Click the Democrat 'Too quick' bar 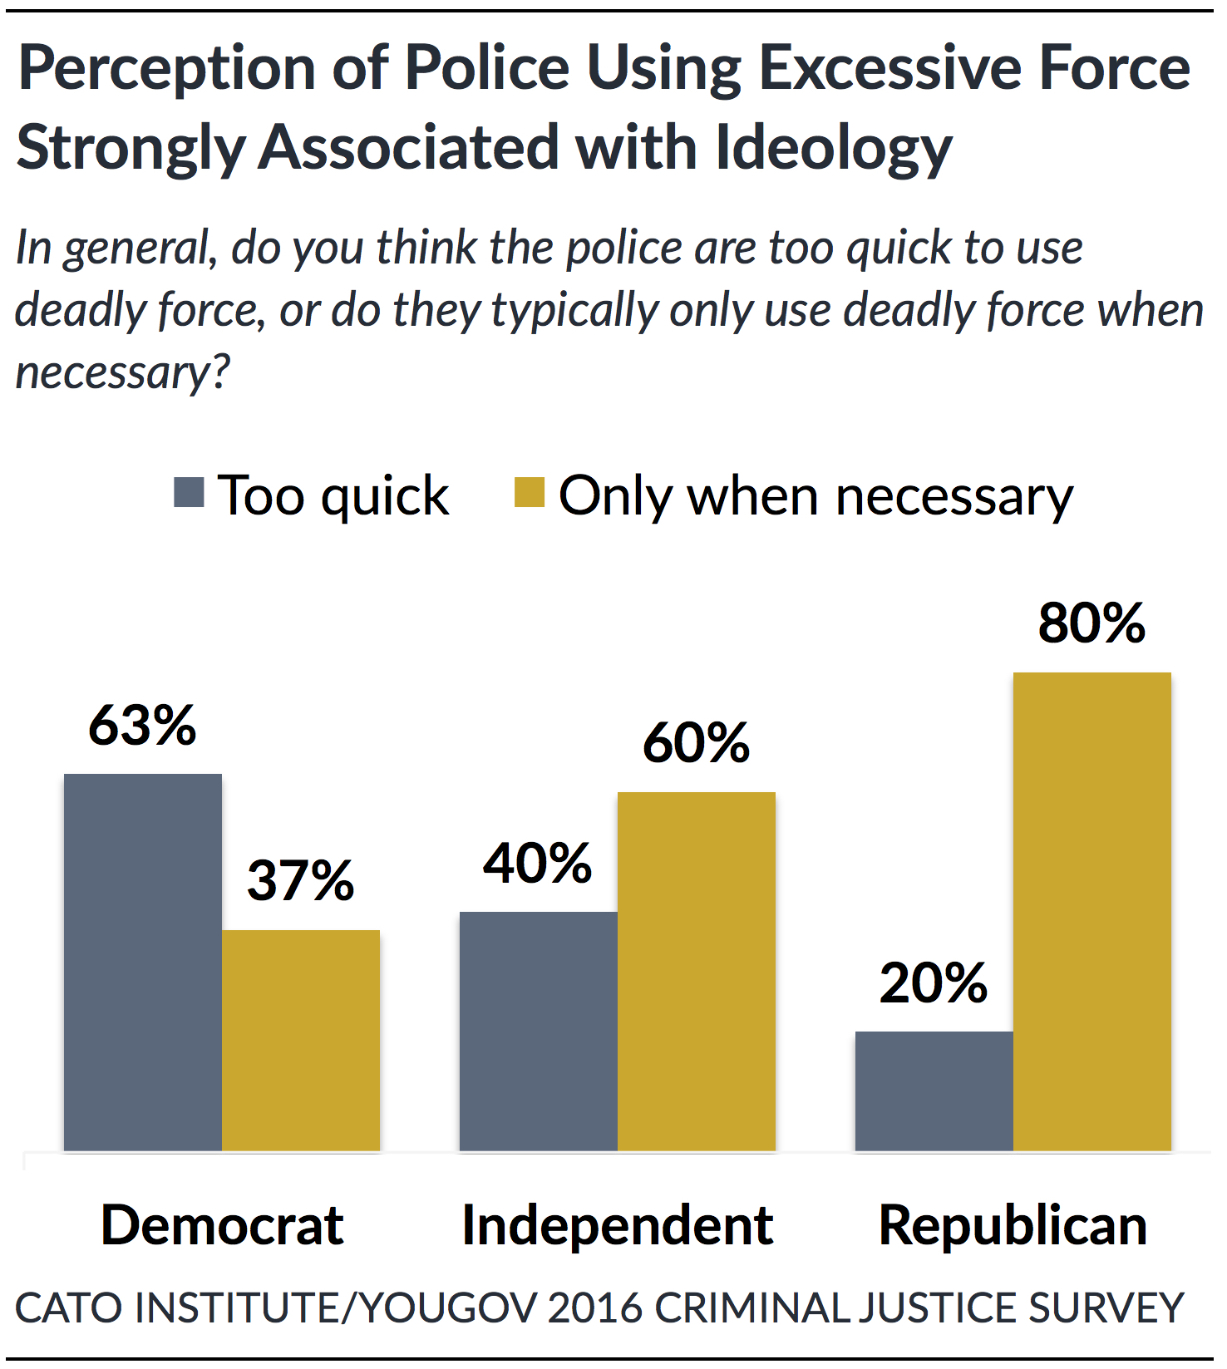click(143, 962)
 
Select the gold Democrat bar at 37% click(301, 1040)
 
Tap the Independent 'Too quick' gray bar click(538, 1031)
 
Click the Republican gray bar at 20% click(934, 1091)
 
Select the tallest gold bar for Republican click(1091, 911)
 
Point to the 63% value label click(142, 726)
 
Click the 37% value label click(300, 881)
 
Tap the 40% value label click(537, 864)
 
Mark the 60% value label click(696, 743)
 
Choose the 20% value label click(933, 984)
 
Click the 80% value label click(1091, 623)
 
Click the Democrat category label click(222, 1225)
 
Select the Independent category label click(617, 1225)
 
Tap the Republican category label click(1013, 1225)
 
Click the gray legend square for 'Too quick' click(189, 492)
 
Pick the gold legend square click(530, 492)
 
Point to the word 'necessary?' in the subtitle click(122, 372)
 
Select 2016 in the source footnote click(595, 1307)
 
